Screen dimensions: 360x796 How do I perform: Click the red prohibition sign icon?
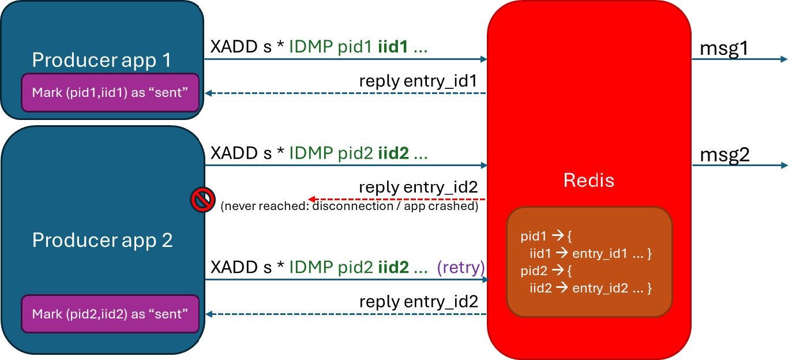pos(202,200)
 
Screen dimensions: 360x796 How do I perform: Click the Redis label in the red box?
pos(589,181)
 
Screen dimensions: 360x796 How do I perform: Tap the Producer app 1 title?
pos(102,60)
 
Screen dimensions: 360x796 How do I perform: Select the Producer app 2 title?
pos(102,240)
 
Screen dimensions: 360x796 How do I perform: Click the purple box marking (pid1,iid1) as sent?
pos(110,92)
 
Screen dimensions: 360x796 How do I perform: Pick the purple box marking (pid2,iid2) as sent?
pos(110,314)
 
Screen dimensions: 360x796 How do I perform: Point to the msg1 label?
pos(724,48)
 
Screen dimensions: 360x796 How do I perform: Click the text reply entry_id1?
pos(418,81)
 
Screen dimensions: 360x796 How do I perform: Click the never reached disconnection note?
pos(349,207)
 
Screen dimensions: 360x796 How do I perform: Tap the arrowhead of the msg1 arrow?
pos(784,59)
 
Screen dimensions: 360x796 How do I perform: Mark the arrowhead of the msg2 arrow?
pos(784,166)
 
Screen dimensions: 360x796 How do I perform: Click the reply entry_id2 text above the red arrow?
pos(418,187)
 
